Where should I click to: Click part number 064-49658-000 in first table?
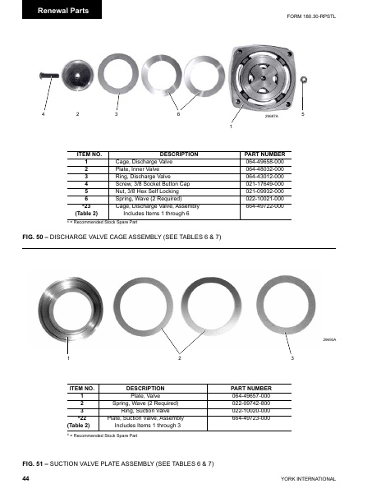[x=265, y=164]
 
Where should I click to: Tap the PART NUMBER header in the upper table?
[x=265, y=154]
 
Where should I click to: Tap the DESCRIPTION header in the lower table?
[x=145, y=387]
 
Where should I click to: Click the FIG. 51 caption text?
[x=117, y=464]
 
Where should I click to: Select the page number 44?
[x=27, y=477]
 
